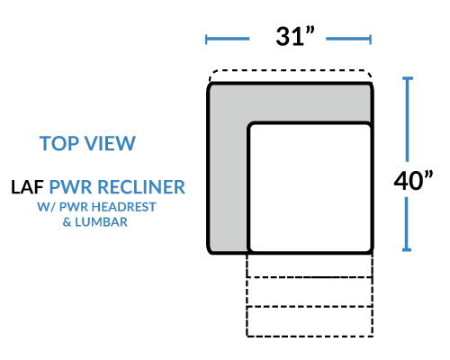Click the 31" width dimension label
(295, 36)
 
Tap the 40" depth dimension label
(413, 180)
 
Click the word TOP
(59, 143)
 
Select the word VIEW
(111, 143)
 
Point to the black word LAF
(27, 187)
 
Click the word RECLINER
(141, 187)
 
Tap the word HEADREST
(123, 207)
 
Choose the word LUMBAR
(101, 222)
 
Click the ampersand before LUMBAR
(67, 222)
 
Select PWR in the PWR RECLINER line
(71, 187)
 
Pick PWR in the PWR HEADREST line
(74, 207)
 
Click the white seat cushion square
(310, 188)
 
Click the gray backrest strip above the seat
(290, 103)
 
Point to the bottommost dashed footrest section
(310, 321)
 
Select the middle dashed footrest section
(310, 292)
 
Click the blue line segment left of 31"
(228, 39)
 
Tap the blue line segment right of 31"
(348, 39)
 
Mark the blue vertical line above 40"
(407, 120)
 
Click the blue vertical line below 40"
(407, 224)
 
